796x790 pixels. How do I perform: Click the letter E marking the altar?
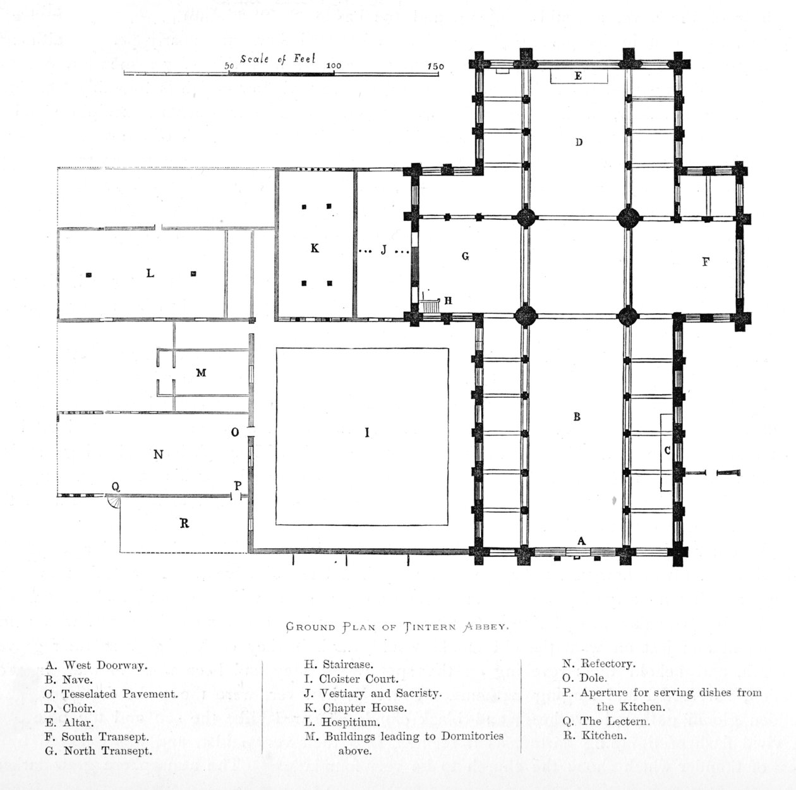(x=578, y=76)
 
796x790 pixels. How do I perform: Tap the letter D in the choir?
(x=579, y=142)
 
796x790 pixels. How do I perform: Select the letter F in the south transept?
(x=706, y=261)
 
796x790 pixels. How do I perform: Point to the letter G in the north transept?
(x=466, y=256)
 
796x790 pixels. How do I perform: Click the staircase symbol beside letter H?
(x=431, y=305)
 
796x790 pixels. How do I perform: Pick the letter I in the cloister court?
(x=367, y=433)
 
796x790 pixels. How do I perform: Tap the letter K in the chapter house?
(x=315, y=249)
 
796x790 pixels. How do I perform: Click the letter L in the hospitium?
(x=150, y=273)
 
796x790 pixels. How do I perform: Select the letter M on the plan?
(x=201, y=373)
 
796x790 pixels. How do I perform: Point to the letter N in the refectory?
(x=158, y=455)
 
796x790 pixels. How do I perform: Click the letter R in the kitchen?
(x=184, y=524)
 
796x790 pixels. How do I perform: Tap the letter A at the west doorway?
(x=582, y=541)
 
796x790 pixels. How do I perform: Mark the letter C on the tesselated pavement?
(x=667, y=451)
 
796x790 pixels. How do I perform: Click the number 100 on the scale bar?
(x=334, y=66)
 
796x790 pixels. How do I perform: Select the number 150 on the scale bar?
(x=436, y=66)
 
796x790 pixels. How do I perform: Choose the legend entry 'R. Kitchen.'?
(x=594, y=735)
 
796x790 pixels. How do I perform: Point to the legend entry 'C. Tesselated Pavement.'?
(x=112, y=693)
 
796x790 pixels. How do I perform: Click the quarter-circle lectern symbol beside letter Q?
(x=113, y=502)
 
